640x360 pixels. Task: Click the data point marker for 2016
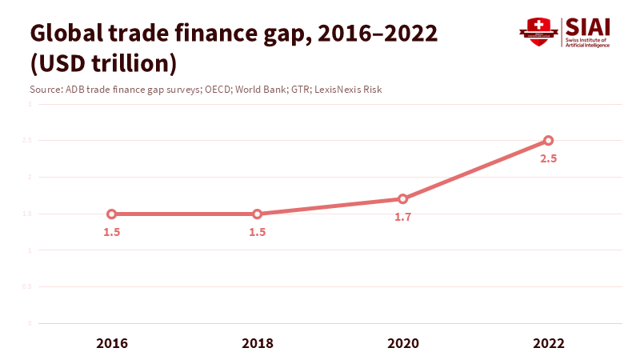pos(112,214)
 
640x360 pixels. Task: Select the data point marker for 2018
pos(258,214)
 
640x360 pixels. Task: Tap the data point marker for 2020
pos(403,198)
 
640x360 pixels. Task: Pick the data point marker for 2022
pos(549,140)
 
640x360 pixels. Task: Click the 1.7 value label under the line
pos(403,217)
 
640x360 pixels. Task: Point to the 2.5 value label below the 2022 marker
pos(549,158)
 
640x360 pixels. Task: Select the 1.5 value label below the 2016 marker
pos(112,232)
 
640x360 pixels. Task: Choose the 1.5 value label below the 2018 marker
pos(258,232)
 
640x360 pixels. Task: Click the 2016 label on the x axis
pos(112,343)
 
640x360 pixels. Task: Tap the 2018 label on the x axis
pos(258,343)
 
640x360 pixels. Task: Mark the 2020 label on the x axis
pos(403,343)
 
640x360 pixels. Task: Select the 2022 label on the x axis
pos(549,343)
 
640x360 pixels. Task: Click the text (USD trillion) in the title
pos(103,62)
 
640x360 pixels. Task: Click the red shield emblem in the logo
pos(539,31)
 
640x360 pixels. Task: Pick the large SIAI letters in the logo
pos(587,26)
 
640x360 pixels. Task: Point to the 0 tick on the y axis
pos(30,323)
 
